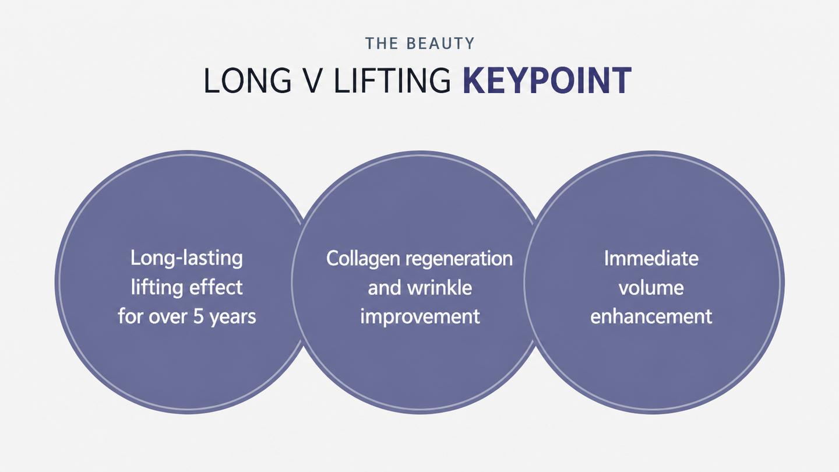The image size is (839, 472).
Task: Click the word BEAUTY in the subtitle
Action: coord(440,44)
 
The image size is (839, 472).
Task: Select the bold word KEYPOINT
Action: coord(547,80)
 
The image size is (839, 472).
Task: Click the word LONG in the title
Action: coord(247,80)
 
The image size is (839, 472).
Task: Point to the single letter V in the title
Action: coord(311,80)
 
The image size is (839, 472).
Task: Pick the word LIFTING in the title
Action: coord(392,80)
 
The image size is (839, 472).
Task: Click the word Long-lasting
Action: coord(186,259)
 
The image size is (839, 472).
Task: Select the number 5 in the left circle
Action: coord(198,317)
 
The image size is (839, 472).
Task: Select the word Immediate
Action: coord(651,259)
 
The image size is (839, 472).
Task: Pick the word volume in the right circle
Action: coord(651,288)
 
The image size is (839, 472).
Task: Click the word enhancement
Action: coord(651,316)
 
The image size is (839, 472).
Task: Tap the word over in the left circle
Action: coord(168,318)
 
